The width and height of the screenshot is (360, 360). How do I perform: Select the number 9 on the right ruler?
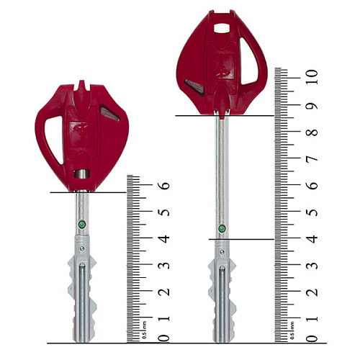click(312, 107)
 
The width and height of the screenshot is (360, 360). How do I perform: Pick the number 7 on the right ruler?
click(312, 158)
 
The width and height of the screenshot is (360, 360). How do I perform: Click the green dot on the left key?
click(81, 224)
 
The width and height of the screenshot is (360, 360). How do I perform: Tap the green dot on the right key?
click(222, 228)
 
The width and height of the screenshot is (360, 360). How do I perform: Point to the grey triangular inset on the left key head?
click(109, 113)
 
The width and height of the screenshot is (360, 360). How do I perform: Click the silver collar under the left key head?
click(82, 174)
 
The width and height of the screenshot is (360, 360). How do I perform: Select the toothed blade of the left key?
click(81, 295)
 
